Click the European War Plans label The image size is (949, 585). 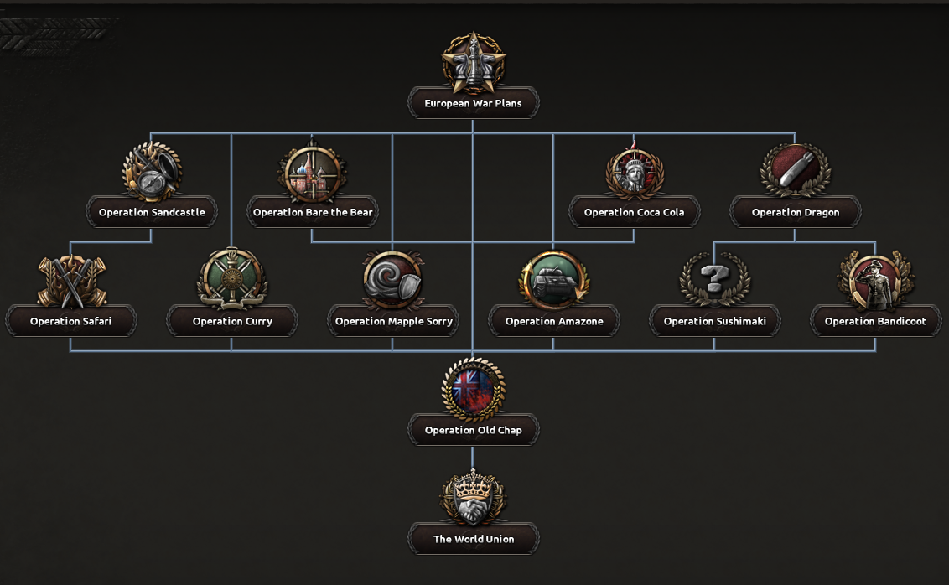click(x=474, y=103)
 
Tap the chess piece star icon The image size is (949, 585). click(x=474, y=62)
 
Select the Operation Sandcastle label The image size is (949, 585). click(x=152, y=212)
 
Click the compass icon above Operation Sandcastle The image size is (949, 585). click(x=152, y=171)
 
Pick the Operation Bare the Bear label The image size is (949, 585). click(x=313, y=212)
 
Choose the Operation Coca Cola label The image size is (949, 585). click(x=635, y=212)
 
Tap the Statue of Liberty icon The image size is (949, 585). click(x=635, y=171)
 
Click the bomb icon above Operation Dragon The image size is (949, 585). click(x=796, y=170)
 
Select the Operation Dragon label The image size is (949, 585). click(x=796, y=212)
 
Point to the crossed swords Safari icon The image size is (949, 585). click(x=71, y=281)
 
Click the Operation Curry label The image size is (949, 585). click(x=232, y=321)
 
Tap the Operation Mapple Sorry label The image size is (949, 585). click(x=393, y=321)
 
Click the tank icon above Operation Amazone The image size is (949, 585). click(x=554, y=280)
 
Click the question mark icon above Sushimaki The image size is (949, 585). click(x=715, y=279)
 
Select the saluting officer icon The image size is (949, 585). click(x=876, y=280)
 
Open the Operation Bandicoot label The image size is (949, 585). click(x=876, y=321)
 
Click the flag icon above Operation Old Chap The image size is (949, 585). click(x=474, y=388)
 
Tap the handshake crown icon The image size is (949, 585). click(x=474, y=497)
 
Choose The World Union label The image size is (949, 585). click(x=474, y=539)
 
